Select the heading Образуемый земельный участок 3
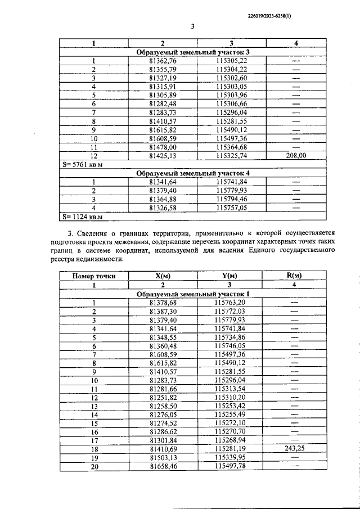[192, 52]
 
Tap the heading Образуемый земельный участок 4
[192, 173]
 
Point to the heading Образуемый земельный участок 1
[192, 294]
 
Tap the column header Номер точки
[94, 276]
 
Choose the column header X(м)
[163, 276]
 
